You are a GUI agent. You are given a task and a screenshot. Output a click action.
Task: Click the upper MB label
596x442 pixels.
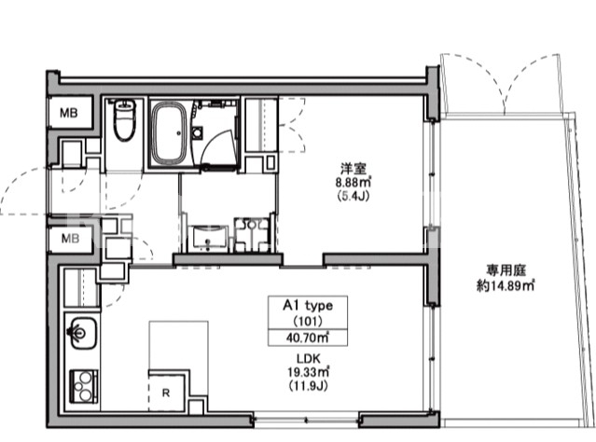coord(69,113)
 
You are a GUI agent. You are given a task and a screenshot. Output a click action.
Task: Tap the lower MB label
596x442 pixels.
coord(70,239)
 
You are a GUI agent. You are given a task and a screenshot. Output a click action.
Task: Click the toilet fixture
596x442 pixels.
coord(124,119)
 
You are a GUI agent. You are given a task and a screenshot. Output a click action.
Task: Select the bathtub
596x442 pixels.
coord(169,133)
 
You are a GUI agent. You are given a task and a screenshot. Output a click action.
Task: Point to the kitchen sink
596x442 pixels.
coord(82,333)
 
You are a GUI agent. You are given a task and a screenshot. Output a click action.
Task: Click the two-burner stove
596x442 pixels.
coord(84,386)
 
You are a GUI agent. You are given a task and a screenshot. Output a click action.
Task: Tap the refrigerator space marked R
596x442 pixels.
coord(166,393)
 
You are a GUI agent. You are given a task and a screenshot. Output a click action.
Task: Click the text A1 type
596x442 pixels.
coord(308,306)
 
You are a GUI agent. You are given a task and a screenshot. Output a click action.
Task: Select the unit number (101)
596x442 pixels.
coord(308,322)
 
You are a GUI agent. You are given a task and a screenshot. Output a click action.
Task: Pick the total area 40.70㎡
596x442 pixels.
coord(308,338)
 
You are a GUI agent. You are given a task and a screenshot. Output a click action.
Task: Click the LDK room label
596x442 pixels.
coord(309,358)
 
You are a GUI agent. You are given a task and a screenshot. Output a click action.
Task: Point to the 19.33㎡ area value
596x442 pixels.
coord(309,372)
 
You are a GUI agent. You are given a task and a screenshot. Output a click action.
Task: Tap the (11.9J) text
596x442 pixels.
coord(309,386)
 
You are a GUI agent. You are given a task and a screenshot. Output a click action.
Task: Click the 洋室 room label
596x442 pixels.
coord(353,168)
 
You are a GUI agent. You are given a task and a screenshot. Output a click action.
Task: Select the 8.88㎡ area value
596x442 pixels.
coord(353,182)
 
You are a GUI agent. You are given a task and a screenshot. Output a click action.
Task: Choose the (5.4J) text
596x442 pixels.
coord(353,196)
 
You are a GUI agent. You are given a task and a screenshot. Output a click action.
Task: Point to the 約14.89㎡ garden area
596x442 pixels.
coord(506,285)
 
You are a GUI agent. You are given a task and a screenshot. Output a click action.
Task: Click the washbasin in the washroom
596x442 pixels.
coord(209,238)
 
